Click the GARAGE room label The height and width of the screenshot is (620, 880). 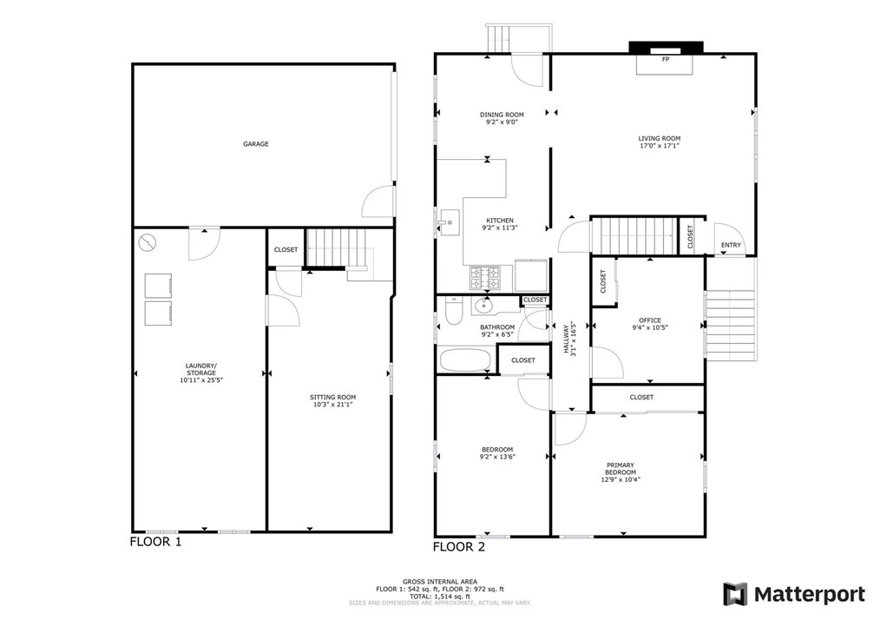click(x=255, y=144)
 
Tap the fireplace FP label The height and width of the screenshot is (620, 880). click(x=666, y=60)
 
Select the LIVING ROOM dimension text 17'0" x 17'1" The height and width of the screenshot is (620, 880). click(x=659, y=146)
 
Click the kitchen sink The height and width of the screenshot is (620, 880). click(x=450, y=221)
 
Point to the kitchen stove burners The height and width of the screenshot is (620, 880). click(x=485, y=278)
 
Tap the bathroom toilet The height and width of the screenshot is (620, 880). click(x=452, y=311)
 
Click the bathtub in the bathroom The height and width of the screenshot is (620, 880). click(x=465, y=360)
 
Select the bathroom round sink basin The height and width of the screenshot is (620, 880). click(x=483, y=306)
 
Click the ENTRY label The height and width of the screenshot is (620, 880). click(x=731, y=245)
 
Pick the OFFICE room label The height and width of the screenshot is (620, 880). click(x=650, y=320)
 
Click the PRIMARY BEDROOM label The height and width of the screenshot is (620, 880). click(x=621, y=469)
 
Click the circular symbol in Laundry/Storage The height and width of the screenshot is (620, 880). click(x=147, y=242)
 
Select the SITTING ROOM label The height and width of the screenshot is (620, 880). click(x=332, y=398)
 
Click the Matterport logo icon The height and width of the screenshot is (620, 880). click(x=735, y=594)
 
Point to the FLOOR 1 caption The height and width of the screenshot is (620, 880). click(x=155, y=542)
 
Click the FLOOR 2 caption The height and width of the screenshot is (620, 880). click(x=458, y=547)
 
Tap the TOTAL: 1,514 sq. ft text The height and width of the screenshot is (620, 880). click(x=440, y=597)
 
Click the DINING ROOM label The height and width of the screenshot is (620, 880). click(x=502, y=115)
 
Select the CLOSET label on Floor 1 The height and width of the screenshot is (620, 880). click(x=286, y=250)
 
